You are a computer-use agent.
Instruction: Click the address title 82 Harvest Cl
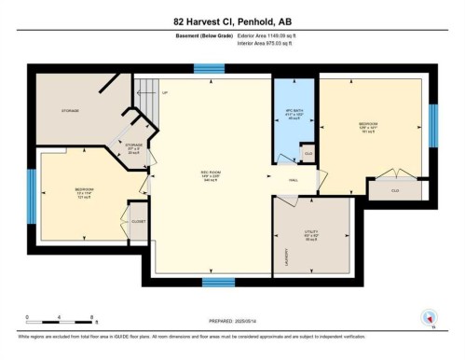(x=233, y=21)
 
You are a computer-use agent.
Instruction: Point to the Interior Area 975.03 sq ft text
(x=269, y=42)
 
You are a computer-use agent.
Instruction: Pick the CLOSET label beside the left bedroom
(x=138, y=221)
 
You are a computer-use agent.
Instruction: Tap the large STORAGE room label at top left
(x=70, y=110)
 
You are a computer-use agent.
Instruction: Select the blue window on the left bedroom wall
(x=32, y=194)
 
